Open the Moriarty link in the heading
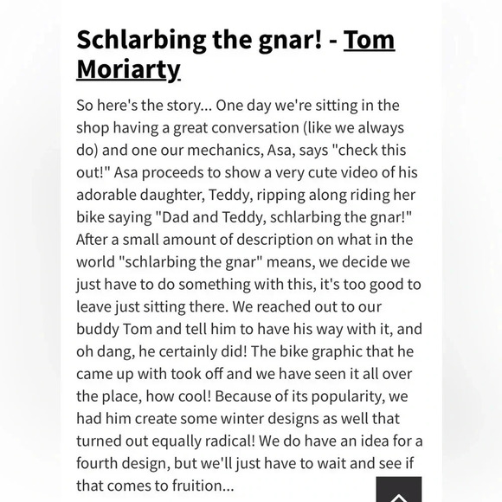[x=128, y=68]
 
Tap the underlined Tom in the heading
[x=370, y=40]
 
